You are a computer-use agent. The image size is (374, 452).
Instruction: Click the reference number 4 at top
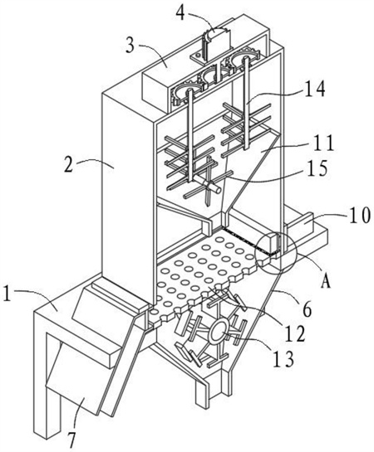click(x=181, y=12)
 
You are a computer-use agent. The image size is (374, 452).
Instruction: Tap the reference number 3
click(x=130, y=45)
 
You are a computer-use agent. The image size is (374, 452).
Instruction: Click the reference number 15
click(x=317, y=168)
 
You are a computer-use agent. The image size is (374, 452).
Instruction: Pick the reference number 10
click(x=360, y=216)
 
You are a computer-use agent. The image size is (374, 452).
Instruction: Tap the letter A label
click(x=326, y=281)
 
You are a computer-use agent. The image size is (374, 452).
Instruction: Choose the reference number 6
click(x=308, y=309)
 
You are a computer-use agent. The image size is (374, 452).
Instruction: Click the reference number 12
click(x=295, y=333)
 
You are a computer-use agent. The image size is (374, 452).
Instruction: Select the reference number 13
click(x=283, y=358)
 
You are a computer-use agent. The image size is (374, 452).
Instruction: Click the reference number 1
click(x=7, y=293)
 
